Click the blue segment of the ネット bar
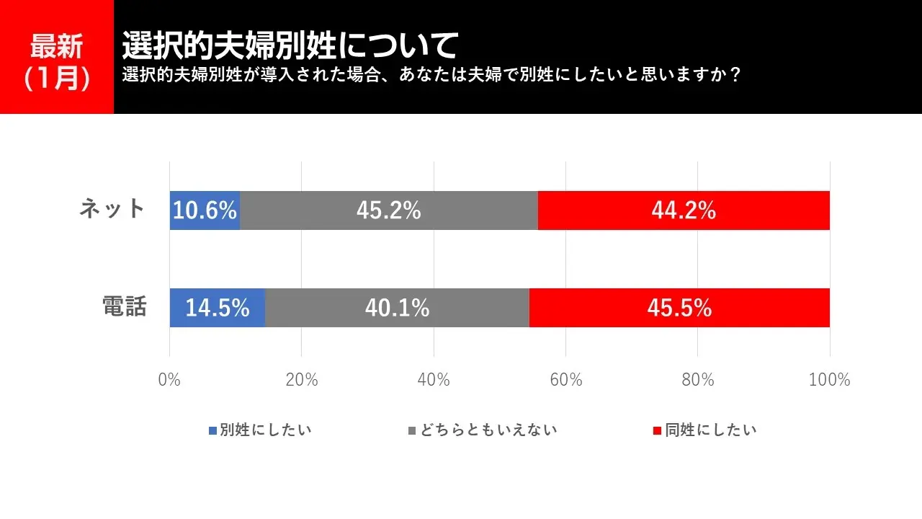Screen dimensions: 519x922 [x=205, y=210]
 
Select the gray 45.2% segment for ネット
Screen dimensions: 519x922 [x=389, y=210]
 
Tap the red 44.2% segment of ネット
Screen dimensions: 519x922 [x=684, y=210]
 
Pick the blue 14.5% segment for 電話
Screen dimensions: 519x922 [x=218, y=308]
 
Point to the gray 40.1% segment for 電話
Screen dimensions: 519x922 [x=397, y=308]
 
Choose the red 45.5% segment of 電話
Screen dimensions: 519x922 [x=679, y=308]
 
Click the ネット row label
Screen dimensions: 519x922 [x=113, y=209]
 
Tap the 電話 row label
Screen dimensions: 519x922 [x=123, y=307]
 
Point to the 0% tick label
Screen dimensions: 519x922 [x=169, y=380]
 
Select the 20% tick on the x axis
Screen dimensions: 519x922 [x=301, y=380]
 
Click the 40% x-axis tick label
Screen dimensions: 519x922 [x=434, y=380]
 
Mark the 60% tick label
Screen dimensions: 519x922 [x=565, y=380]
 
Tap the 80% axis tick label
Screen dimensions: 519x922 [x=698, y=380]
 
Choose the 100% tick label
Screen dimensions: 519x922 [x=829, y=380]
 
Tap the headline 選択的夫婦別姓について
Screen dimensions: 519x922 [x=290, y=45]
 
